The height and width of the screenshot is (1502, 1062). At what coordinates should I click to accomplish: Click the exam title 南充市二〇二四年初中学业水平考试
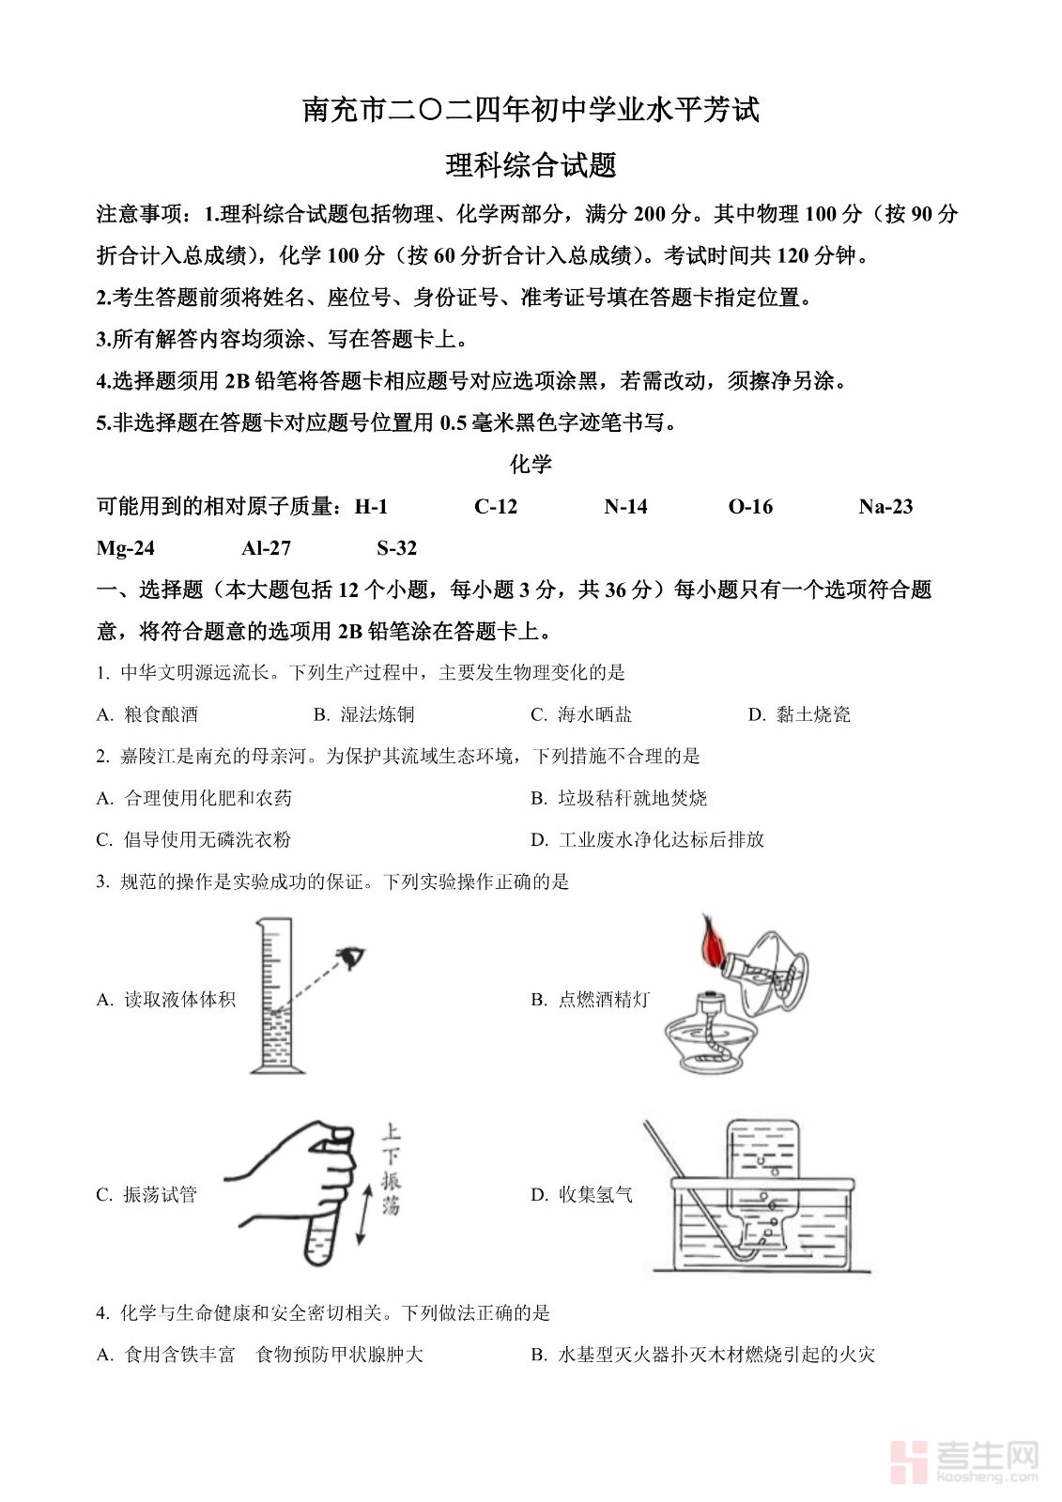pos(531,111)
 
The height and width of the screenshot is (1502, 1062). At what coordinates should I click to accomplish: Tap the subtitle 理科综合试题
pos(531,166)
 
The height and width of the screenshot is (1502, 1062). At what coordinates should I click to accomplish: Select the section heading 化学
pos(531,465)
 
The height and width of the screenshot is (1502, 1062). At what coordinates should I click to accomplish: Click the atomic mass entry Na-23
pos(885,507)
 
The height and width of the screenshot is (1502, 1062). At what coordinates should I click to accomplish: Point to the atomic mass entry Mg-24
pos(126,548)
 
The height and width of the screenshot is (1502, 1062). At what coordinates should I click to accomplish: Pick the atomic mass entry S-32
pos(396,548)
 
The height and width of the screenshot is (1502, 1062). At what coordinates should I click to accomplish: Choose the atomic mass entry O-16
pos(750,507)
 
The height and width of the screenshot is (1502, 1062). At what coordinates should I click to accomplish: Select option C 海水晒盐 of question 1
pos(582,714)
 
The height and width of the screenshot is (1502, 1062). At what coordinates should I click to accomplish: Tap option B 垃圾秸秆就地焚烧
pos(620,798)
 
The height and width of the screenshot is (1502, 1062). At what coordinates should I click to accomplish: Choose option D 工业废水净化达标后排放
pos(648,839)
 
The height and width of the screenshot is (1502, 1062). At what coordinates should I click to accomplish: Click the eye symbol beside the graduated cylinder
pos(353,957)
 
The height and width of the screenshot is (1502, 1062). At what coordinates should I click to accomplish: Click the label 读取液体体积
pos(167,999)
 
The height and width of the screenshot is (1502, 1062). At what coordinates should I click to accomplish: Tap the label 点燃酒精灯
pos(592,999)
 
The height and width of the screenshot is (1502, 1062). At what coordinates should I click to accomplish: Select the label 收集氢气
pos(583,1194)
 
